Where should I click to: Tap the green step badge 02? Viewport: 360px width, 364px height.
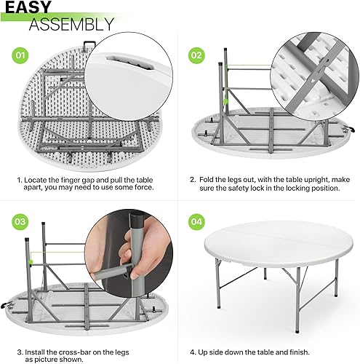[197, 55]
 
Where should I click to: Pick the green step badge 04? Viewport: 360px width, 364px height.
[197, 222]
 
